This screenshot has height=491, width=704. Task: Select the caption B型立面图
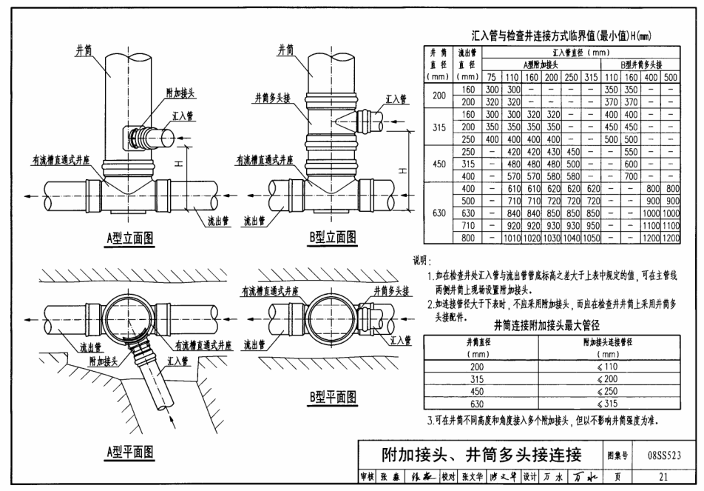[x=333, y=238]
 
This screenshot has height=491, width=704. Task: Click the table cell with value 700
[x=632, y=176]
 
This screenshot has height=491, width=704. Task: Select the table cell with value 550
[x=632, y=150]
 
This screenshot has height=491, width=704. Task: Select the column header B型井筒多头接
[x=640, y=64]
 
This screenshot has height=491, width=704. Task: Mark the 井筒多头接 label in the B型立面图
[x=275, y=97]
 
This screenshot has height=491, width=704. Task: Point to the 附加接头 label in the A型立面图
[x=180, y=93]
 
